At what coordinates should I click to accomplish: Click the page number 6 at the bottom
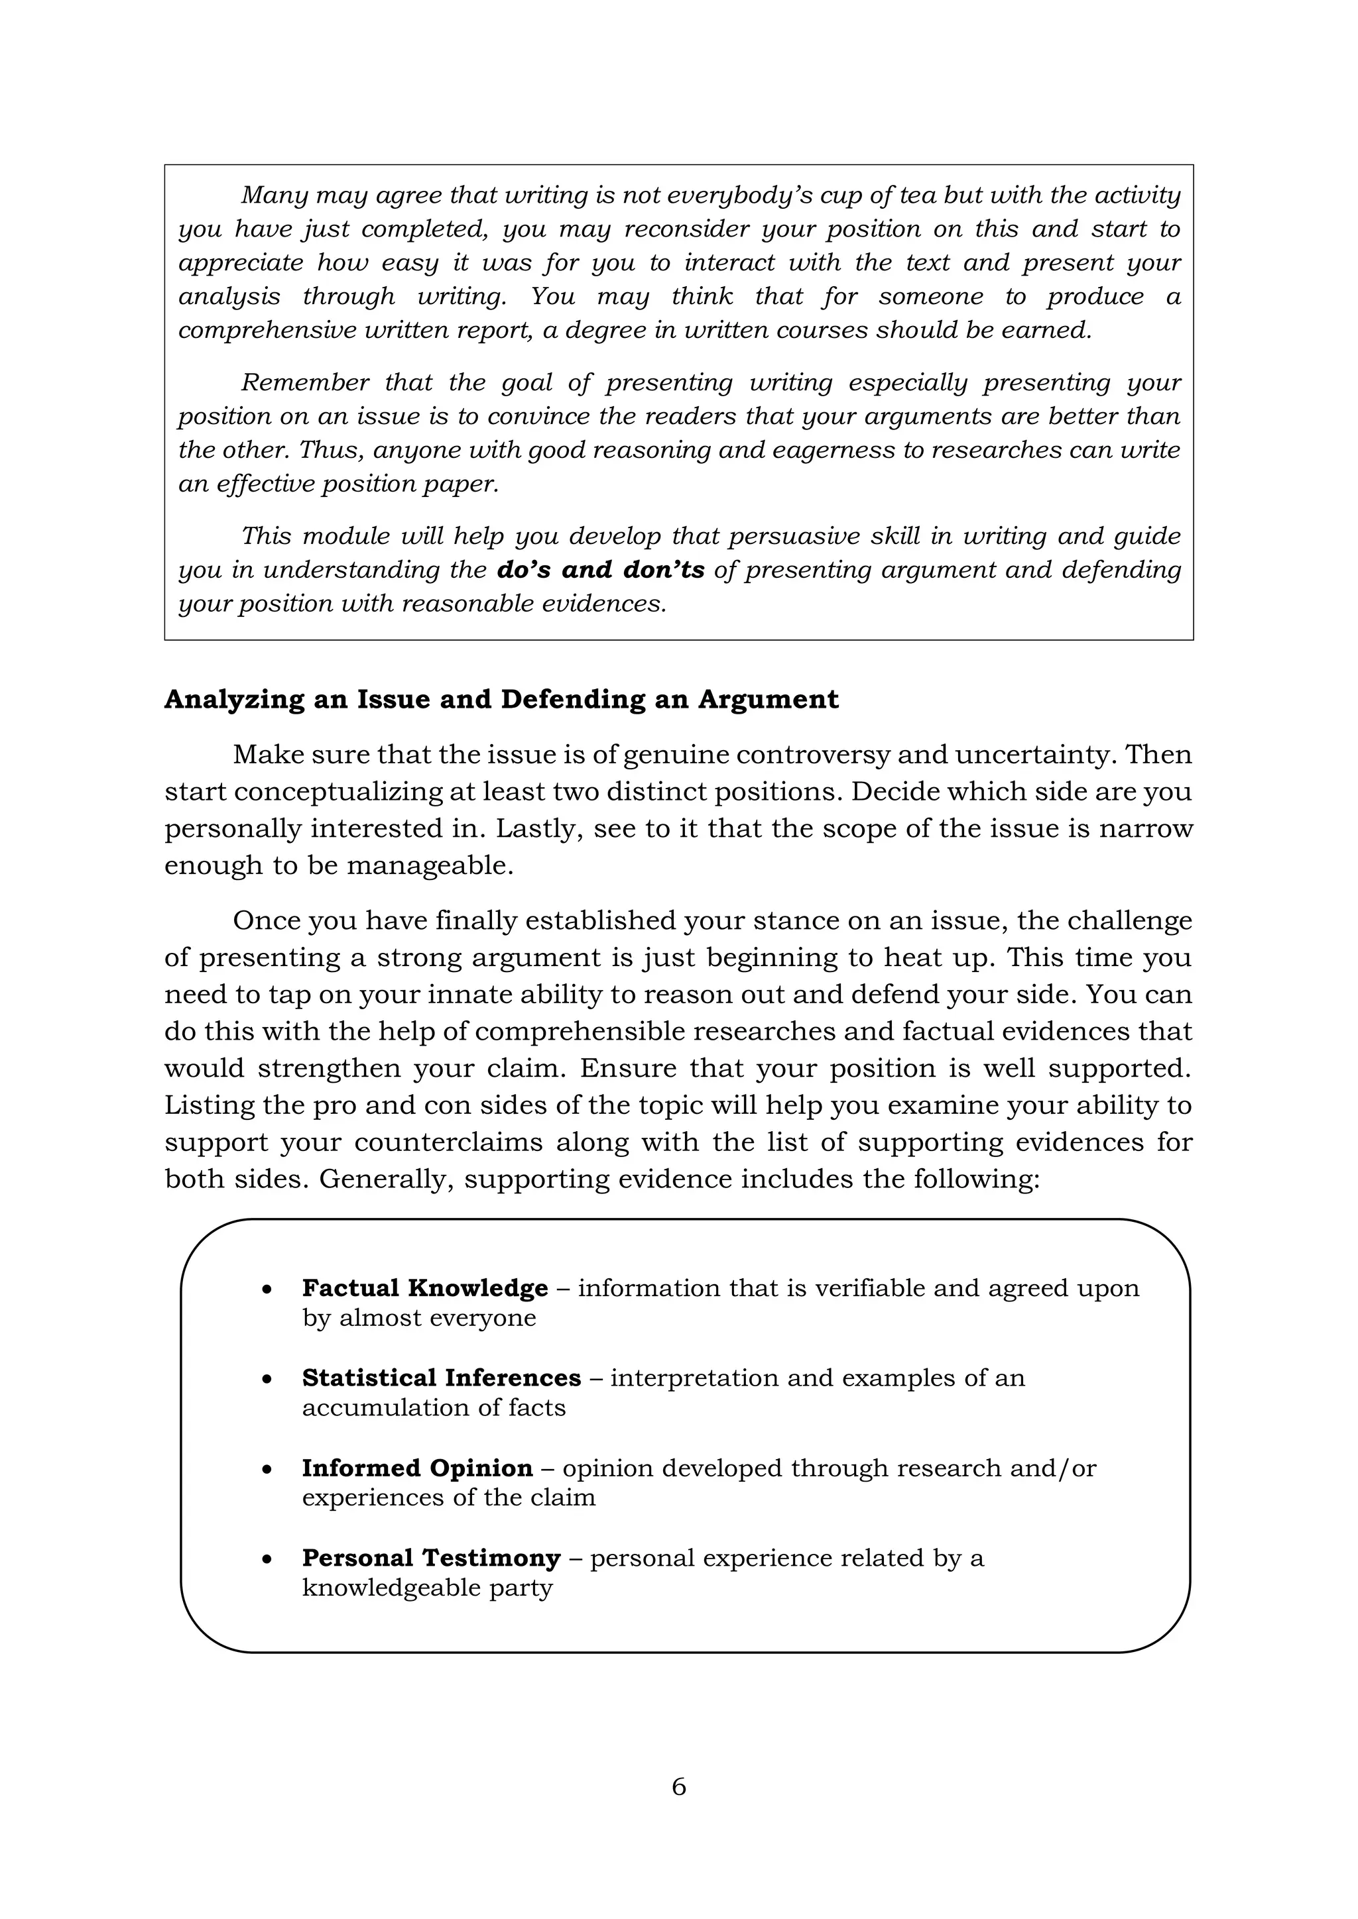[678, 1786]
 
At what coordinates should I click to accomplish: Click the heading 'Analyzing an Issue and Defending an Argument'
[501, 700]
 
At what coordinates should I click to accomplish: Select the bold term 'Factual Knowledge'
[425, 1288]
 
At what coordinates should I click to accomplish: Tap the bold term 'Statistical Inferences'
[441, 1378]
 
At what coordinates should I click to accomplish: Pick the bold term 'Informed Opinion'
[416, 1468]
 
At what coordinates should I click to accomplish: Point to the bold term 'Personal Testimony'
[430, 1558]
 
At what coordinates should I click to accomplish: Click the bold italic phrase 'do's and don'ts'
[600, 570]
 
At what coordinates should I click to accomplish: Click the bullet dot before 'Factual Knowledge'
[267, 1289]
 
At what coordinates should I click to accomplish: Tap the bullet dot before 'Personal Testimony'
[267, 1560]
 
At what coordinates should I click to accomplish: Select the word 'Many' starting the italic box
[273, 195]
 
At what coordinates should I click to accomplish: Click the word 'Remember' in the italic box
[304, 383]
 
